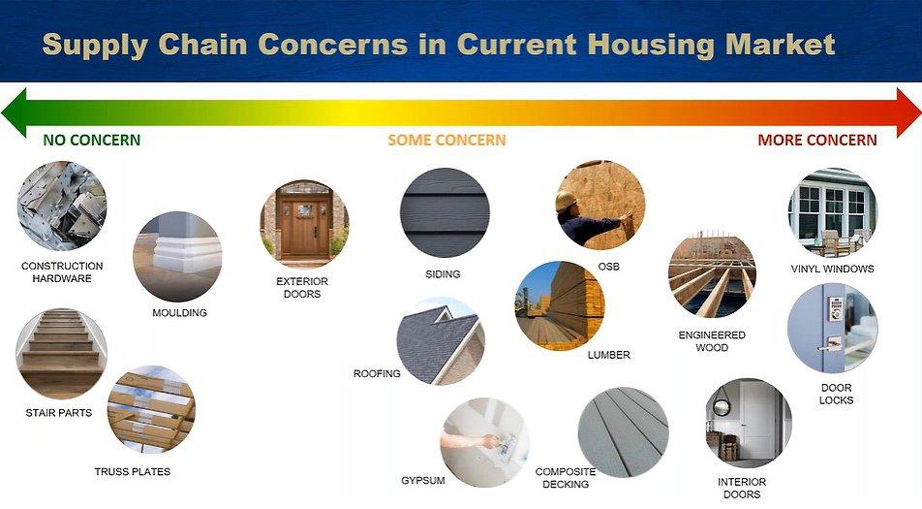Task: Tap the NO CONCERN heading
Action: [92, 140]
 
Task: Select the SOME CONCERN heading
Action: [446, 140]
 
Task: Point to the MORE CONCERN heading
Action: [816, 140]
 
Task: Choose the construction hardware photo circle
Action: [62, 206]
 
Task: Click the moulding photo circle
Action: [177, 256]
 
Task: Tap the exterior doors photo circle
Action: [304, 224]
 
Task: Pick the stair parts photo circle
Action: [61, 353]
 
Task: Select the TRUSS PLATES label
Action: [133, 472]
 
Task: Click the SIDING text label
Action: [443, 274]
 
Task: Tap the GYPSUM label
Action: [422, 480]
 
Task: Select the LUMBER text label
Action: [608, 355]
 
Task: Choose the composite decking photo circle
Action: [623, 431]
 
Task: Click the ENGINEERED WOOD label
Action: [712, 341]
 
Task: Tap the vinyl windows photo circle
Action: [832, 211]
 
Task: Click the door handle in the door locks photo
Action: [829, 344]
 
